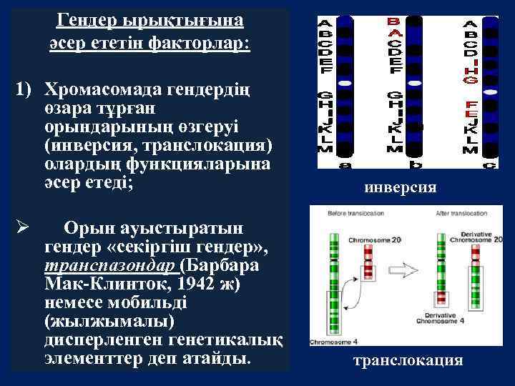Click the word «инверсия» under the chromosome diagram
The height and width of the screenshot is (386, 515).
[400, 187]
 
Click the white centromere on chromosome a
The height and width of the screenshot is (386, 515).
[345, 83]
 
